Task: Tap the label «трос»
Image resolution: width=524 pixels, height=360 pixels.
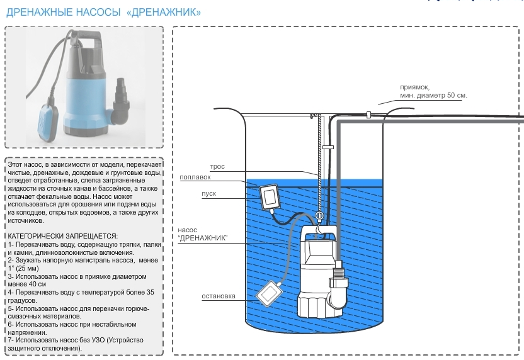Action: tap(217, 167)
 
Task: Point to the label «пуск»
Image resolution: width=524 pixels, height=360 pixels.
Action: tap(209, 193)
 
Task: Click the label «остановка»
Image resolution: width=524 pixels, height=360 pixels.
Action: tap(219, 296)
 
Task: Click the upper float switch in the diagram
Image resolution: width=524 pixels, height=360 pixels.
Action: tap(271, 196)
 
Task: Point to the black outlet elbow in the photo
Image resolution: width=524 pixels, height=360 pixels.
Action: tap(120, 104)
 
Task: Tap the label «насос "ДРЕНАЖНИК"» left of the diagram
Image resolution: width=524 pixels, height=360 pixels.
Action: tap(202, 234)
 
